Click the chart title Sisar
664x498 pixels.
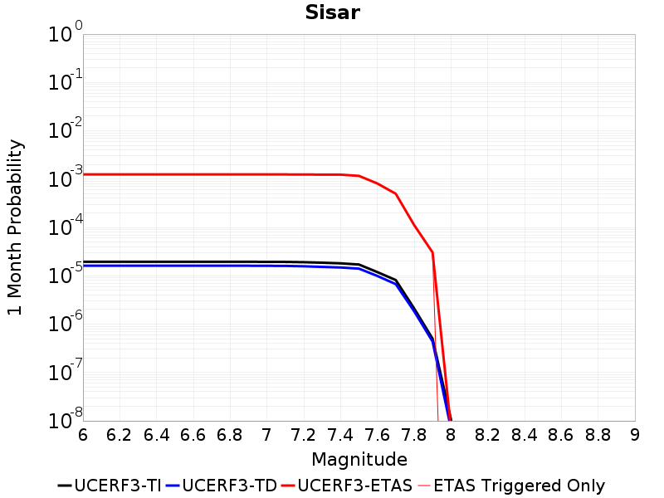(331, 12)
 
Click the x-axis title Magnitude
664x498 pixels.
(359, 459)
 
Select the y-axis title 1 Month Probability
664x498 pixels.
(15, 227)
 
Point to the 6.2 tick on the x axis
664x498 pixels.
(120, 435)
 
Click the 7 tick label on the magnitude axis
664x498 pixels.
(266, 435)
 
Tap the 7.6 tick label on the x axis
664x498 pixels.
(377, 435)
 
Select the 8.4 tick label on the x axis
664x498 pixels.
(525, 435)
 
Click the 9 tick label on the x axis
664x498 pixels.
(635, 435)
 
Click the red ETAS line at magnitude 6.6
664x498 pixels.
(193, 174)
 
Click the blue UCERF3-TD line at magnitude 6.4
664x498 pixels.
(157, 266)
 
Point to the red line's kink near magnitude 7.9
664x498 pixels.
(432, 252)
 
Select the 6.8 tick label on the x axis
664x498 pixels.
(230, 435)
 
